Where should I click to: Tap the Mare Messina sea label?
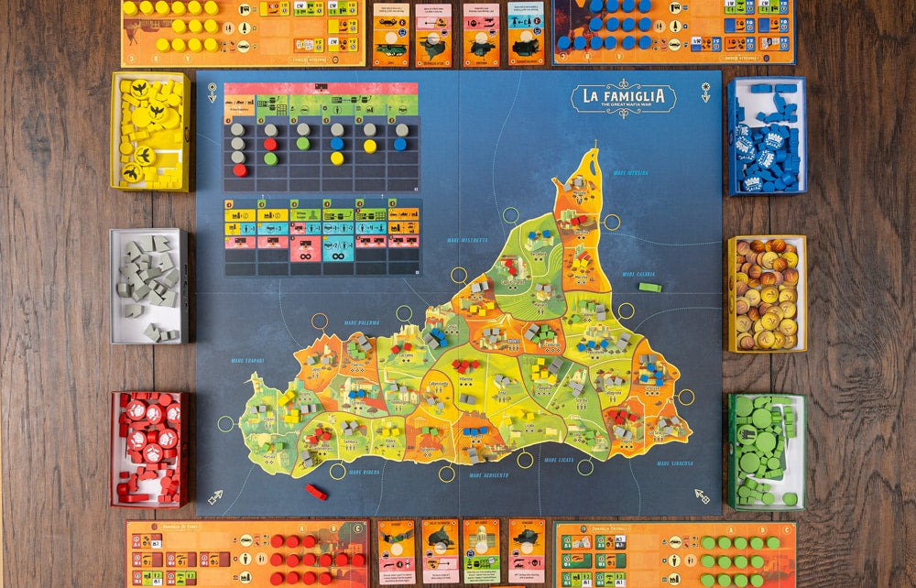click(631, 173)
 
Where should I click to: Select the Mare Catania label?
click(638, 274)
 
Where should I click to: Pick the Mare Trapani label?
click(246, 360)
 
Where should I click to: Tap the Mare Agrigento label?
click(488, 475)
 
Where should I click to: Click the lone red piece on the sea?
click(316, 492)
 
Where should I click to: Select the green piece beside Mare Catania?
click(649, 288)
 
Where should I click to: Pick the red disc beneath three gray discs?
click(239, 170)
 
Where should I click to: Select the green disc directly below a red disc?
click(270, 158)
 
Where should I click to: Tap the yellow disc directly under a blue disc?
click(336, 158)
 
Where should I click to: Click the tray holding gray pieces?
click(148, 286)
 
